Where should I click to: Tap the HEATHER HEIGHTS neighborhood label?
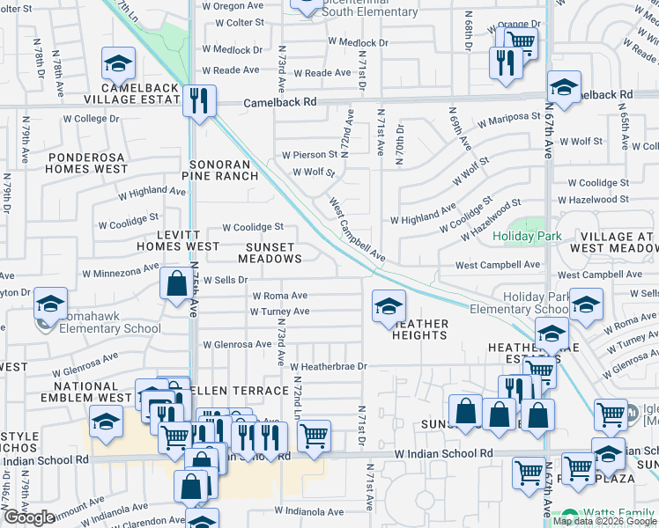(x=420, y=329)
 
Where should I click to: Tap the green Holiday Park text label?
(x=527, y=236)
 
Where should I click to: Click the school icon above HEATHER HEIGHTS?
(x=389, y=305)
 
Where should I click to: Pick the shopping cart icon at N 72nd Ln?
(x=314, y=435)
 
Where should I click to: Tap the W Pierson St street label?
(x=309, y=154)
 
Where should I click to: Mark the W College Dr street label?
(x=91, y=119)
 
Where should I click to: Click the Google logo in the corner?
(x=29, y=517)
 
